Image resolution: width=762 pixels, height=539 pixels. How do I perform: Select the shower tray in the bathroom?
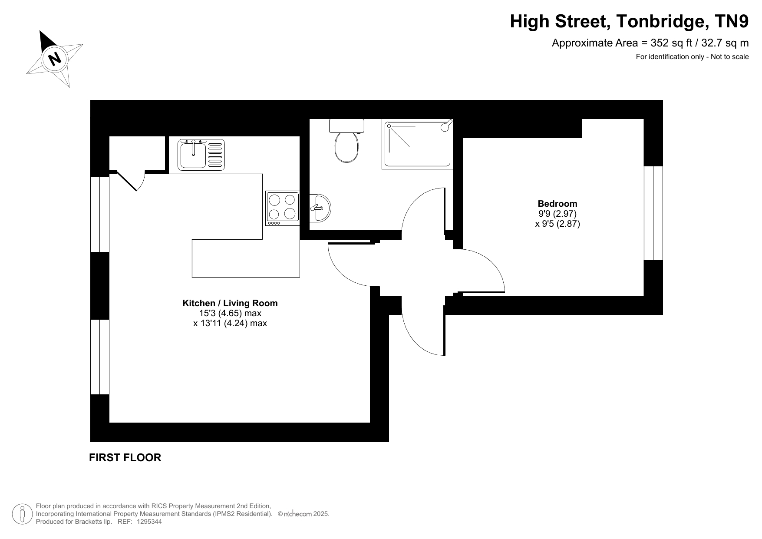[417, 144]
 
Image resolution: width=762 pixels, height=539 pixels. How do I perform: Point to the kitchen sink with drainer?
[201, 154]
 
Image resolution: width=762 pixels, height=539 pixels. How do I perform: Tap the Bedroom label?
[557, 203]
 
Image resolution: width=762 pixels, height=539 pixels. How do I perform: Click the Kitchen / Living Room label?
[230, 303]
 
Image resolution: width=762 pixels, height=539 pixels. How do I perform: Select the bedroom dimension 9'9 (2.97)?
[557, 214]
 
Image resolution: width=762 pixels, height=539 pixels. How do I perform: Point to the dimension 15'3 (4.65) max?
[230, 313]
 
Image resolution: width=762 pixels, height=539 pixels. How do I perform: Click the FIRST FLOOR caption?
[125, 457]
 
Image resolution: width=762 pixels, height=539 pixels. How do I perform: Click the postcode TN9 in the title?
[733, 21]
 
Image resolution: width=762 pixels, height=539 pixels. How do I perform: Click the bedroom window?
[653, 213]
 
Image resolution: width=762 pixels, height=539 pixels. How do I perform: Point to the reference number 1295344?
[149, 522]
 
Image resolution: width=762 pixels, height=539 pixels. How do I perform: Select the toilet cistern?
[346, 126]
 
